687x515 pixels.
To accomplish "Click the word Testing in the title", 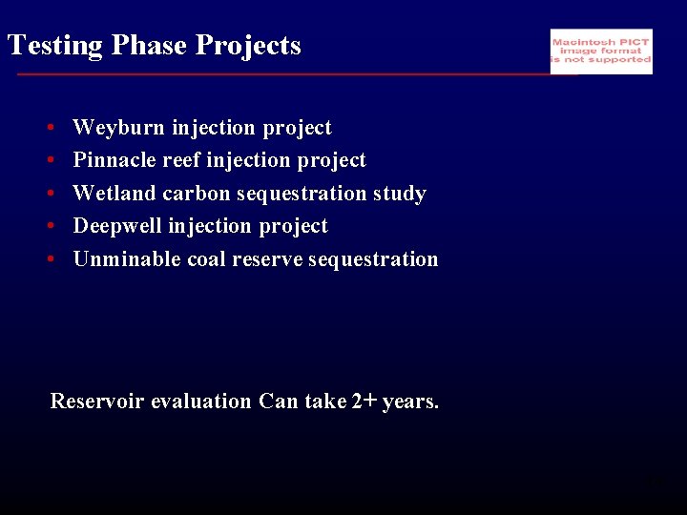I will (53, 46).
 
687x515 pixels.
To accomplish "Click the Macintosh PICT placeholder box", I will (601, 51).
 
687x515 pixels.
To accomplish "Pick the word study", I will (399, 194).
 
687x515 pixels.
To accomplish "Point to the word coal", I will (206, 259).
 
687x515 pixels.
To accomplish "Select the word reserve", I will (266, 259).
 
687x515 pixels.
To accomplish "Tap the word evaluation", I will (206, 402).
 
